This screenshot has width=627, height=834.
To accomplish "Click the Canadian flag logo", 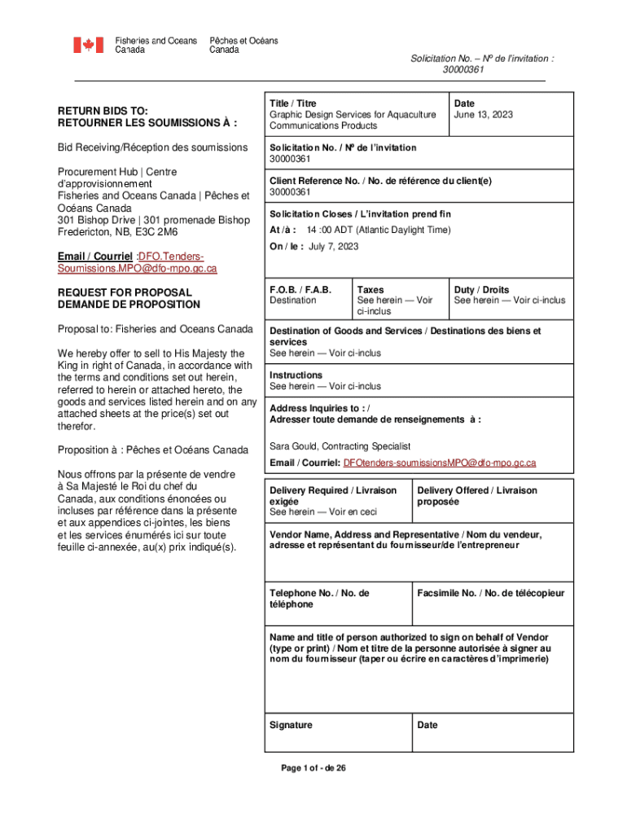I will [x=89, y=45].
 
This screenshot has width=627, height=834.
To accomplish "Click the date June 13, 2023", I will [x=483, y=115].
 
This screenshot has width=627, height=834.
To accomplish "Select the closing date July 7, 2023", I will [x=334, y=247].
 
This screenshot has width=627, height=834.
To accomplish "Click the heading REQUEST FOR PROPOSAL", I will [x=125, y=292].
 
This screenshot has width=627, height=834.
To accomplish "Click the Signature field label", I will [x=291, y=725].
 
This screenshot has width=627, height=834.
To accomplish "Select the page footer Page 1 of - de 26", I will [x=313, y=768].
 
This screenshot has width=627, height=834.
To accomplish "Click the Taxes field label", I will [x=370, y=290].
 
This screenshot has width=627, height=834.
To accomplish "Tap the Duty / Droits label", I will [x=481, y=290].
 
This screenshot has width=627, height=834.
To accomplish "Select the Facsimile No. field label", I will [x=490, y=593].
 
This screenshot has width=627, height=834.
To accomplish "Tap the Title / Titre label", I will [x=293, y=103].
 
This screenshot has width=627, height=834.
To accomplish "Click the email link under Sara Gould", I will [x=440, y=463].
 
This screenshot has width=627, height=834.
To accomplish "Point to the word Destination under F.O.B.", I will [x=293, y=301].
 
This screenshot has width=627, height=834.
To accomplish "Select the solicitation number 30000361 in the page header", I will [x=463, y=69].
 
